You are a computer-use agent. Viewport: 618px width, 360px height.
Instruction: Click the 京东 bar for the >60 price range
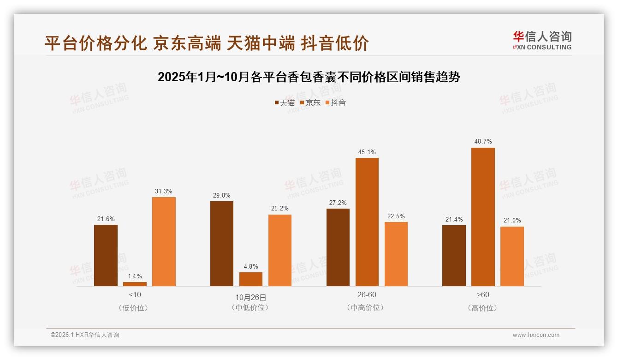pos(483,217)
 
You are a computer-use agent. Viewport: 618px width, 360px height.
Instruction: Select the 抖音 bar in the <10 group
pos(164,241)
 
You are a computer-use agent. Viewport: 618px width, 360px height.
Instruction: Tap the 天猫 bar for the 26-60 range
pos(338,247)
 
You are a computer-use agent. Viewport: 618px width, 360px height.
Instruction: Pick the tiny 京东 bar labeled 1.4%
pos(135,284)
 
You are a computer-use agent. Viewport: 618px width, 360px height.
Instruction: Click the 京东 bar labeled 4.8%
pos(251,279)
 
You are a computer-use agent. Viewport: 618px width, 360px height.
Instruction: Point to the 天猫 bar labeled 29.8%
pos(222,244)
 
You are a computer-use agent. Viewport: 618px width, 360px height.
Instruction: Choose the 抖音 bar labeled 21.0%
pos(512,256)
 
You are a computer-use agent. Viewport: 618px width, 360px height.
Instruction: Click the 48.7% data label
pos(483,142)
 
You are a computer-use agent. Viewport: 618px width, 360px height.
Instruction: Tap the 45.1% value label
pos(367,152)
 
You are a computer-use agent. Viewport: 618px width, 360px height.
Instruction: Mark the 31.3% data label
pos(164,191)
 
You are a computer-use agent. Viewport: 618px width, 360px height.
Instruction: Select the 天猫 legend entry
pos(284,102)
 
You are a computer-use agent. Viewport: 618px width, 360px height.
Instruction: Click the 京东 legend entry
pos(310,102)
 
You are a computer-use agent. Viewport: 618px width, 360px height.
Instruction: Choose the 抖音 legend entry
pos(336,102)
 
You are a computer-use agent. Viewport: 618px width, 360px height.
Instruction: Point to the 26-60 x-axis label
pos(367,294)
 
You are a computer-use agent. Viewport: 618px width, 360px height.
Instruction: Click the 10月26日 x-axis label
pos(251,297)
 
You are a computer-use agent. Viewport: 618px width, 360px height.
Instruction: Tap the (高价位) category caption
pos(483,308)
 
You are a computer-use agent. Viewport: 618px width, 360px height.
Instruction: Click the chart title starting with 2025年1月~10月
pos(309,77)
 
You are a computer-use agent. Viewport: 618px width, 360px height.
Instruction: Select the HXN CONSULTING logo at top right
pos(542,41)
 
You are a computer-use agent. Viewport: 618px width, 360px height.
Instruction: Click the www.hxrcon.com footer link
pos(536,335)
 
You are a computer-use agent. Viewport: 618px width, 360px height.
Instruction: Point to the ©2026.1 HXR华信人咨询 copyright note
pos(85,335)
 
